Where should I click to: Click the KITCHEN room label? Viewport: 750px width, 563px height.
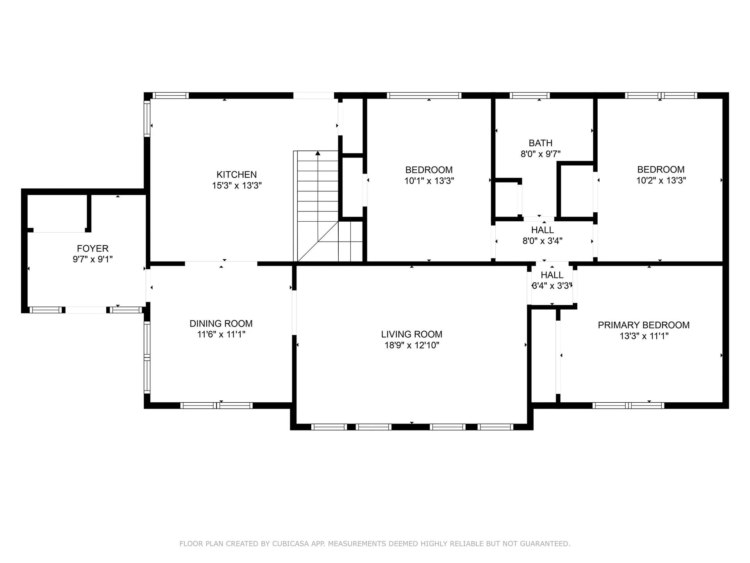tap(237, 174)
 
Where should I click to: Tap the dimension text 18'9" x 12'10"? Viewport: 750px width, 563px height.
tap(412, 345)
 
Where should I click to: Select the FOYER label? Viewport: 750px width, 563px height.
tap(93, 248)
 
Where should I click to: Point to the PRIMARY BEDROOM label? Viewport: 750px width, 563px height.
tap(643, 325)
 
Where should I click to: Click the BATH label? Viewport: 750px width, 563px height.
tap(540, 143)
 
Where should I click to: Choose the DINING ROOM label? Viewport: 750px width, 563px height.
tap(221, 323)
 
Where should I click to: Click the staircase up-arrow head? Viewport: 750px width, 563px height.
tap(318, 153)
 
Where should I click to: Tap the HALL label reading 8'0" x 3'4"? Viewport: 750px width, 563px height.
tap(542, 230)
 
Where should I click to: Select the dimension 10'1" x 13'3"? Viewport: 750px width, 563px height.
tap(429, 181)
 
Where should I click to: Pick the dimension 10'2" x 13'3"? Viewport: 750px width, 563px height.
tap(661, 180)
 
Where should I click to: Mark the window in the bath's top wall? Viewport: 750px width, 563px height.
tap(530, 95)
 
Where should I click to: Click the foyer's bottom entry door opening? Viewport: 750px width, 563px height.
tap(86, 310)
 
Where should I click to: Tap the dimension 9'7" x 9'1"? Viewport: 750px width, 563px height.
tap(93, 259)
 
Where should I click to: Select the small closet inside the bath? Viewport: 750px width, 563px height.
tap(507, 199)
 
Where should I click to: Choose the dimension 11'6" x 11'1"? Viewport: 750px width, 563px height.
tap(221, 334)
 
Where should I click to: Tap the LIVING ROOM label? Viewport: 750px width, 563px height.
tap(412, 334)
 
